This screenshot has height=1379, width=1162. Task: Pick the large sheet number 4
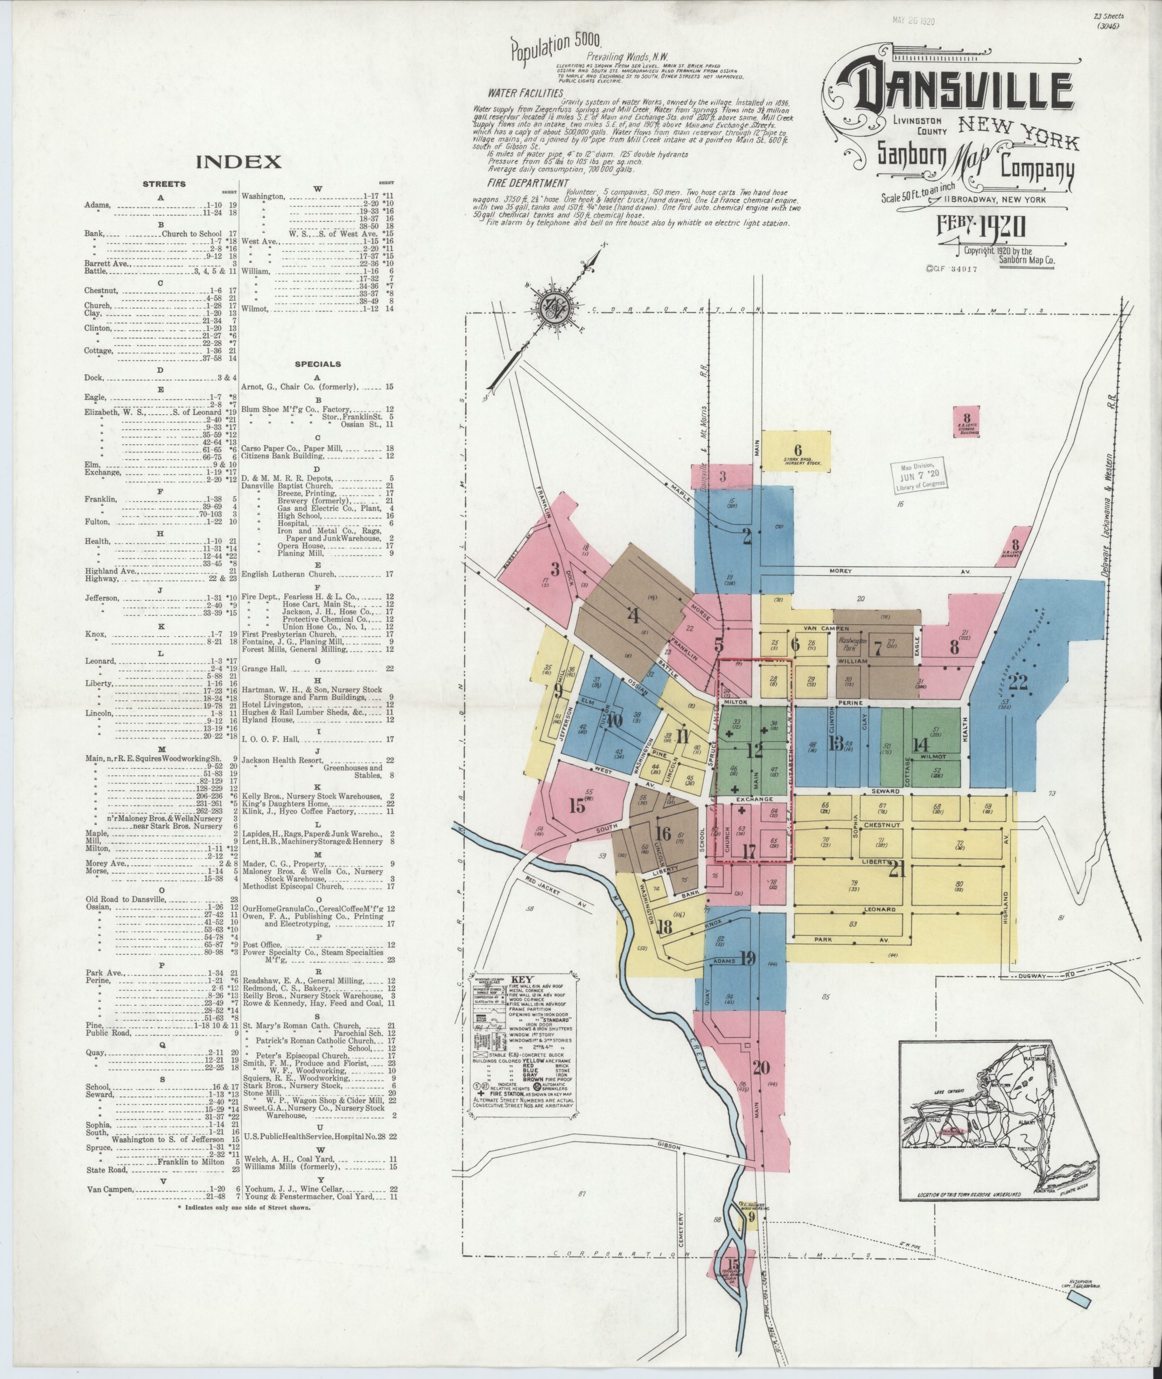(633, 617)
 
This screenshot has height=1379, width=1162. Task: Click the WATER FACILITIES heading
(525, 94)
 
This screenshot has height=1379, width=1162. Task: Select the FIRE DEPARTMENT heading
(528, 183)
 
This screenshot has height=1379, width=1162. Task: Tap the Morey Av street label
(864, 570)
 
